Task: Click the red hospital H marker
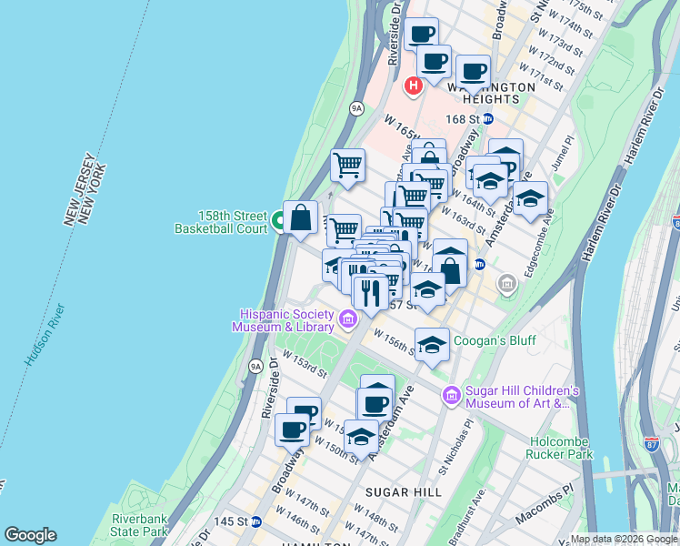[414, 86]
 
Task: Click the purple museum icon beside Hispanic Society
[347, 319]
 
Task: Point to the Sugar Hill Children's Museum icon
[452, 394]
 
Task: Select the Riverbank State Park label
[140, 524]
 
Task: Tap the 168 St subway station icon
[487, 119]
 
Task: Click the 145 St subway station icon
[257, 522]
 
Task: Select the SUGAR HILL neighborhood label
[403, 492]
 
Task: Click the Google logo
[30, 535]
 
